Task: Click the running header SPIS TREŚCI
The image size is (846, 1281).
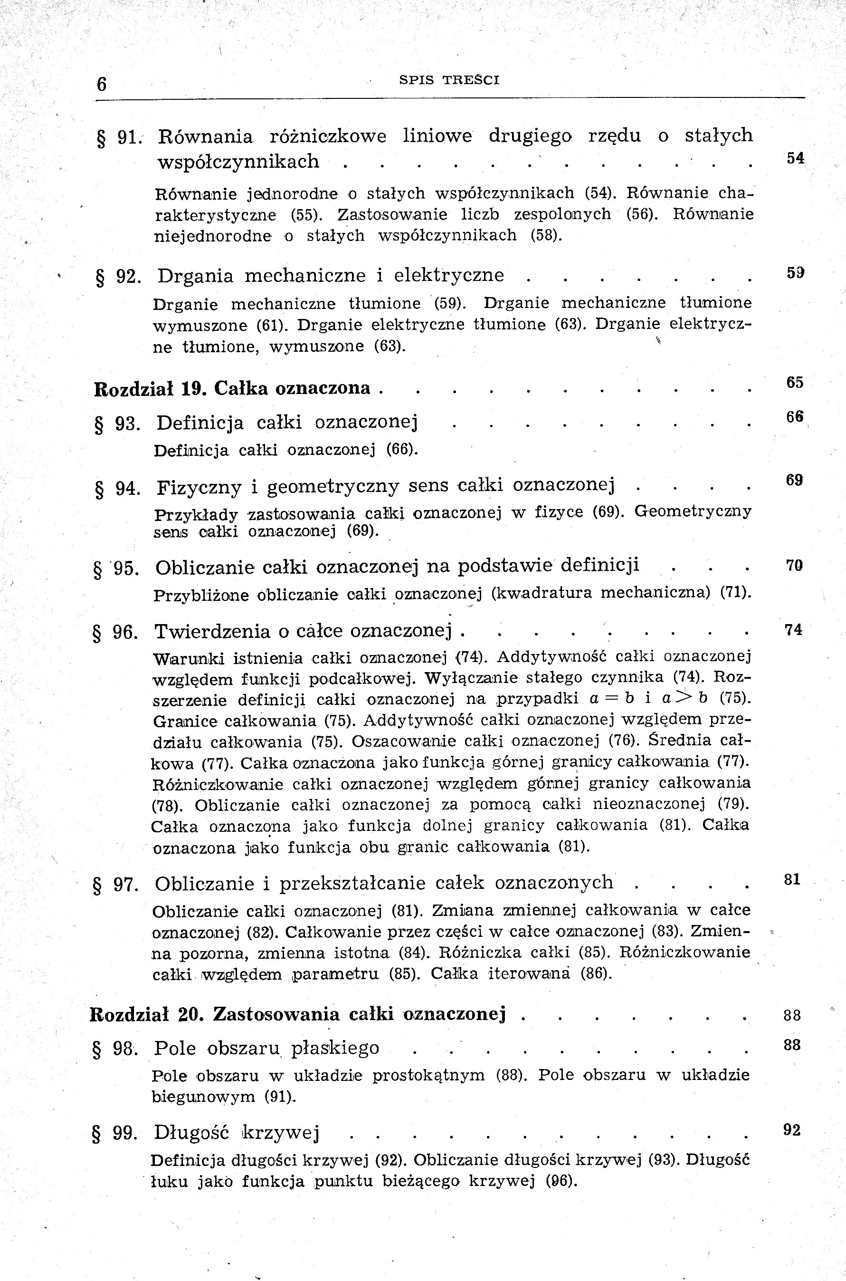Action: [449, 80]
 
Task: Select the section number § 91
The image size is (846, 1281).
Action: [118, 138]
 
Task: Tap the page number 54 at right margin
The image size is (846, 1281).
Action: [795, 158]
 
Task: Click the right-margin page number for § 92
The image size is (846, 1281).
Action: [795, 273]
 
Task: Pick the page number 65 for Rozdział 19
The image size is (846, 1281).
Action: [795, 382]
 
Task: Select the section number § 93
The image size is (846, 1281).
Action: [117, 424]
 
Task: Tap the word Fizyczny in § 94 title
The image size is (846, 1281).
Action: [199, 488]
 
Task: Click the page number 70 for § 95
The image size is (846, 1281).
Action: [794, 566]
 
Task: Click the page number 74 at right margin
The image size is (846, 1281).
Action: [794, 630]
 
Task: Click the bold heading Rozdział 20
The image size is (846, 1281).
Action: [146, 1014]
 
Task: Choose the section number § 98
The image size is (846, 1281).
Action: [115, 1049]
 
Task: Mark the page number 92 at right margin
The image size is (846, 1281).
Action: [791, 1130]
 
